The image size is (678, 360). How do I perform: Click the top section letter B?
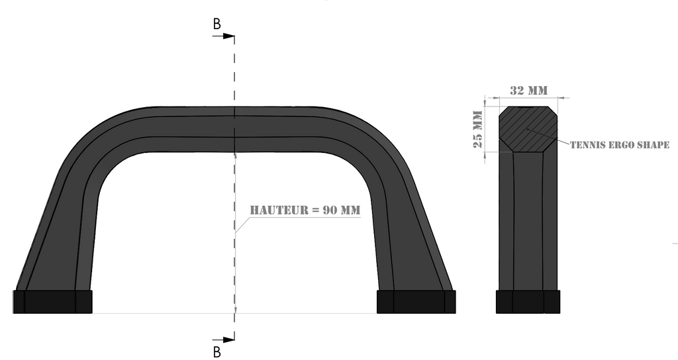pyautogui.click(x=217, y=24)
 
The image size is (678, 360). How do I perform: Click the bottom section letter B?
pyautogui.click(x=217, y=351)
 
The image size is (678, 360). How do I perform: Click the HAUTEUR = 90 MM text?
pyautogui.click(x=305, y=210)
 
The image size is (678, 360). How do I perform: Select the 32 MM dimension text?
pyautogui.click(x=528, y=90)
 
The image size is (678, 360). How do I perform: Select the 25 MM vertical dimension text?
pyautogui.click(x=477, y=130)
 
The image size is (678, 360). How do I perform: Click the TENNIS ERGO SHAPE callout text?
pyautogui.click(x=620, y=145)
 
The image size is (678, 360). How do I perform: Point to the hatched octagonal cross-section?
pyautogui.click(x=528, y=128)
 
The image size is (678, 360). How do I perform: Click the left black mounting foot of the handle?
pyautogui.click(x=52, y=302)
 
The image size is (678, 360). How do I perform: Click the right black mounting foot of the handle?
pyautogui.click(x=416, y=302)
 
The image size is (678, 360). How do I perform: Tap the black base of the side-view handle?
pyautogui.click(x=528, y=302)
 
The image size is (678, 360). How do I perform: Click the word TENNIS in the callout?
pyautogui.click(x=586, y=145)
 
